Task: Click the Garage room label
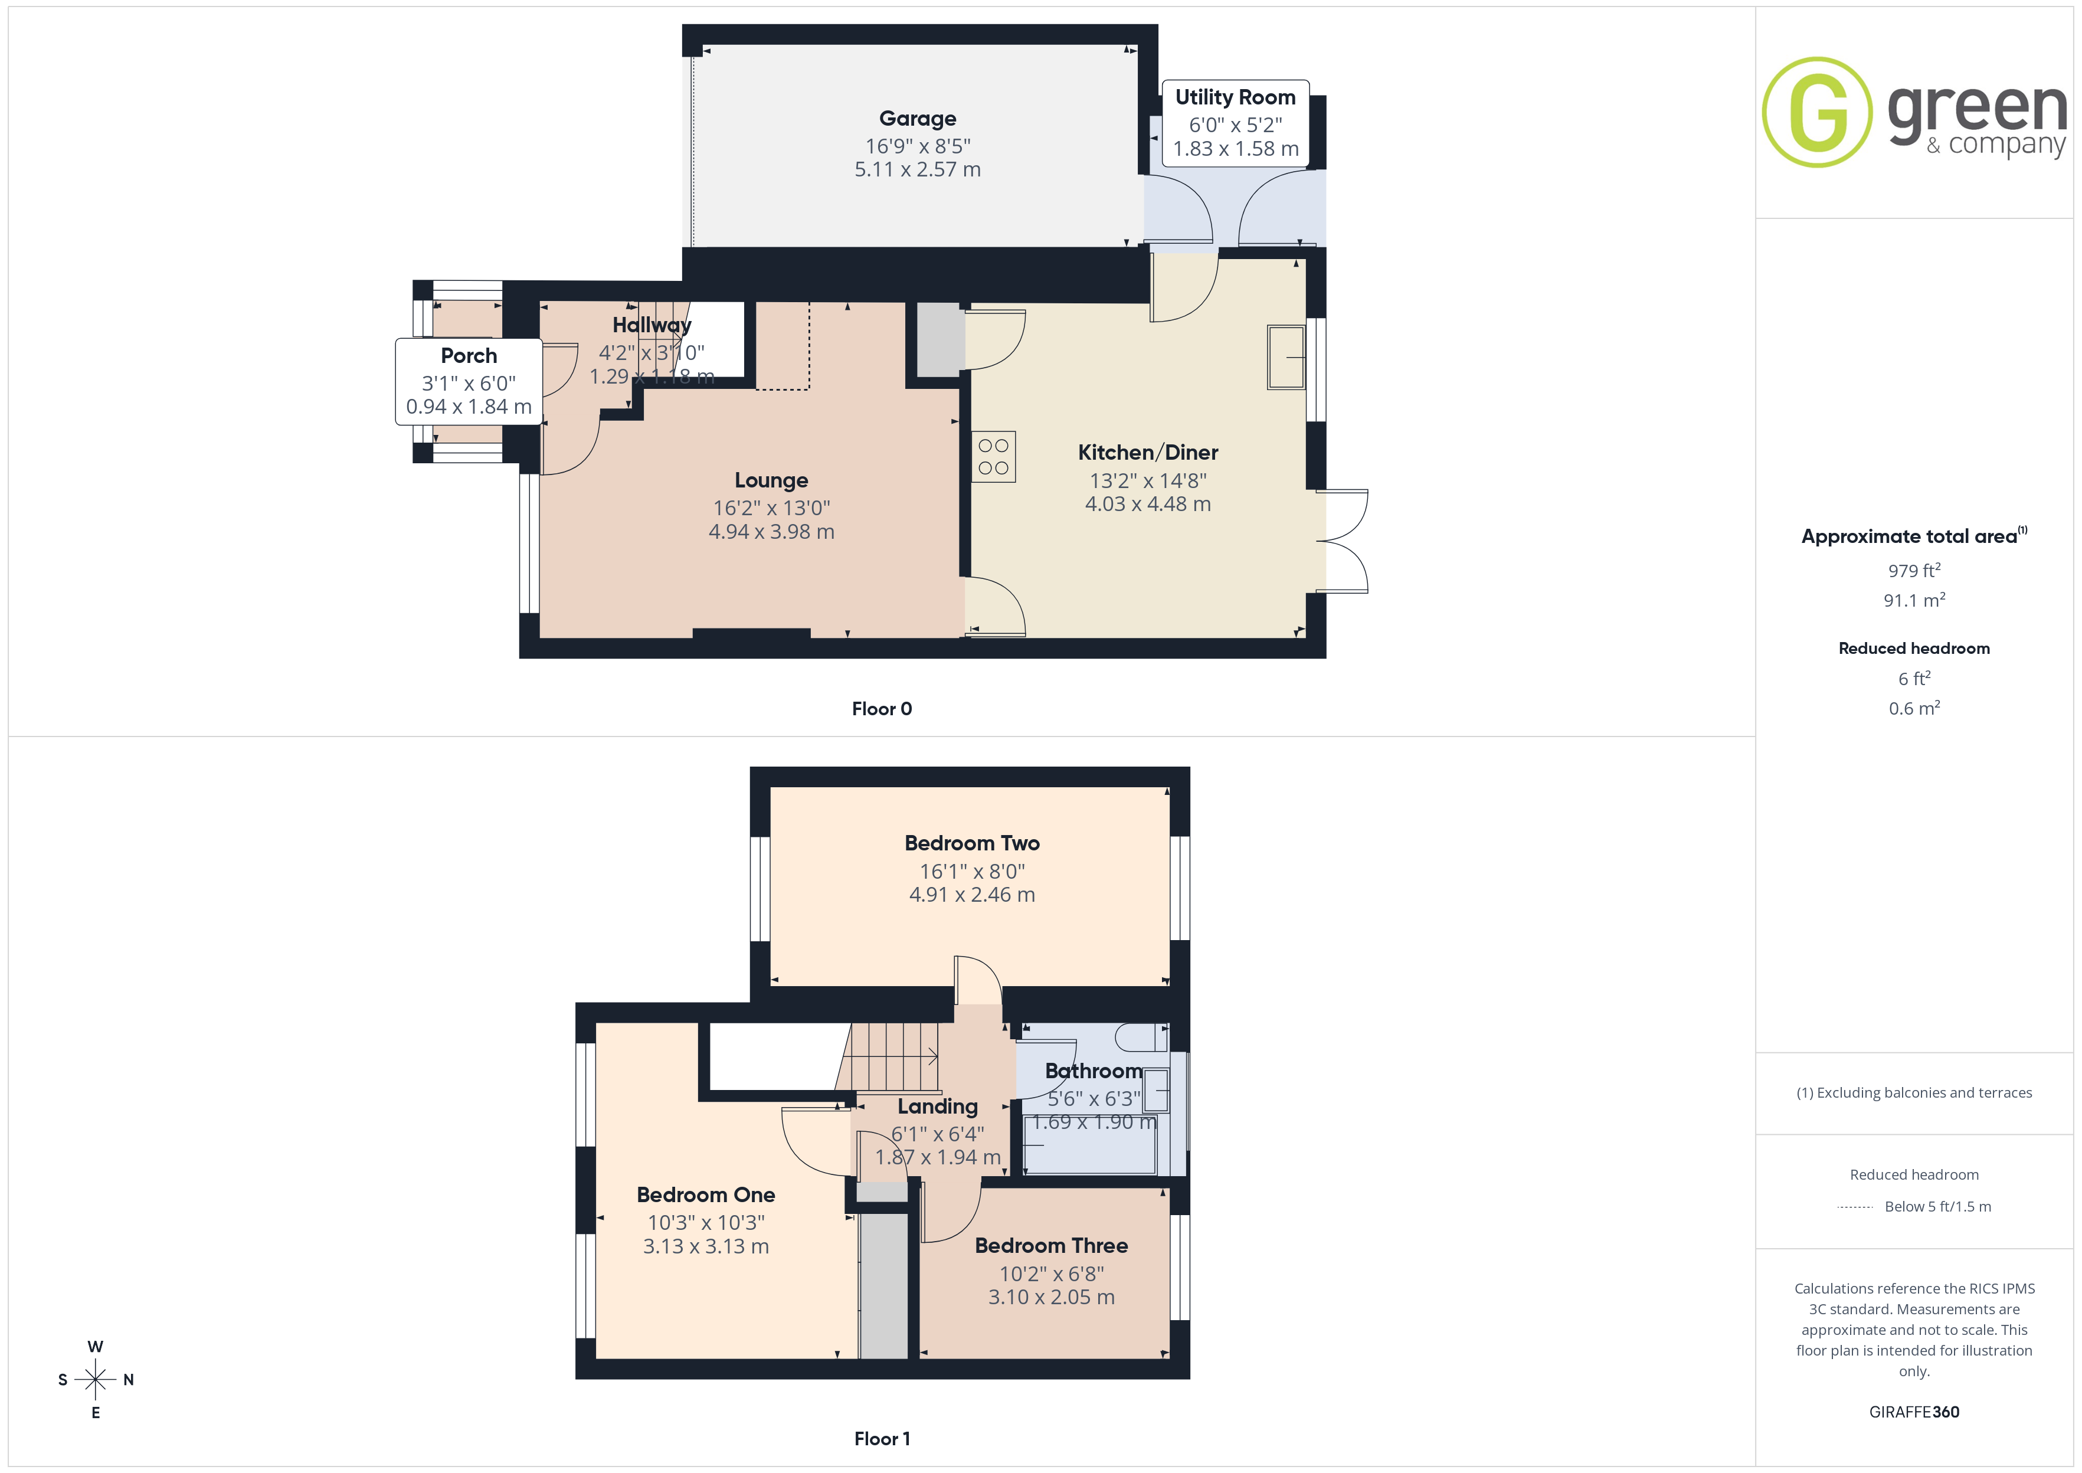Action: tap(918, 119)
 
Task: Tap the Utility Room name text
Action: tap(1235, 97)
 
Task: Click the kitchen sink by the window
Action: tap(1286, 358)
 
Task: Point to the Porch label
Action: tap(469, 355)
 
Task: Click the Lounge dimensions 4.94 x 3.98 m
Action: tap(772, 532)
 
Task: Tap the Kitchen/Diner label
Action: tap(1148, 453)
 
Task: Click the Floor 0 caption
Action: tap(882, 709)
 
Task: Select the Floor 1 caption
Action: tap(882, 1439)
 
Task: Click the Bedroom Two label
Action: tap(972, 843)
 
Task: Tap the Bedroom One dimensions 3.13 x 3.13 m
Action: tap(706, 1246)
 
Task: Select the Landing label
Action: tap(938, 1107)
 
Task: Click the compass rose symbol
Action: tap(95, 1380)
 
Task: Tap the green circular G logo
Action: tap(1817, 113)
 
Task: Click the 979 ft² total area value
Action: tap(1914, 571)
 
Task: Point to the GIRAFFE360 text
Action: tap(1914, 1412)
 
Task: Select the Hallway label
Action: tap(652, 325)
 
